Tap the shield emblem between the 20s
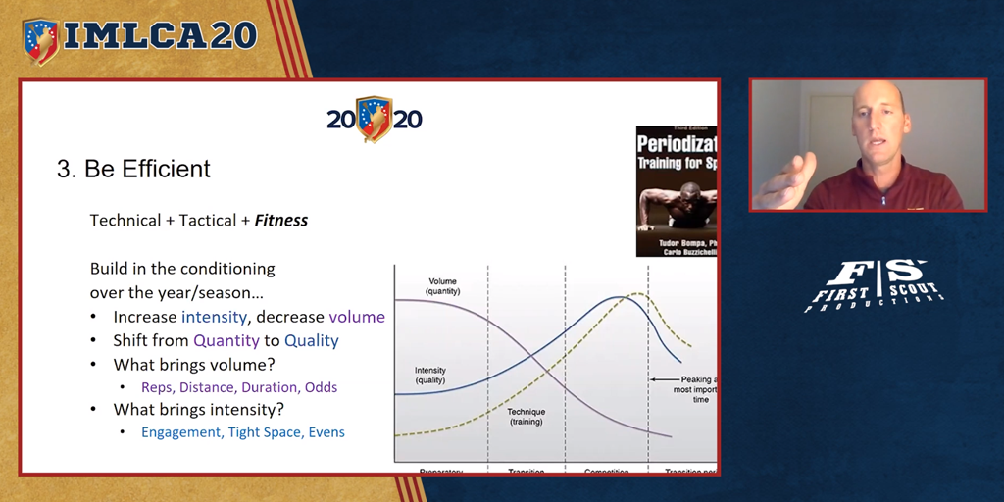coord(375,119)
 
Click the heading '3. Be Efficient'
coord(133,169)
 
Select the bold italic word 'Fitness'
coord(281,221)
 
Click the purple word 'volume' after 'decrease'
coord(357,317)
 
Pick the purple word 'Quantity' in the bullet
coord(226,341)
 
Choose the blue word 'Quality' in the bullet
coord(311,341)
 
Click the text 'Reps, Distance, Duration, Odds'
coord(240,387)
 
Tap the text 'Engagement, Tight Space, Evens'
coord(243,432)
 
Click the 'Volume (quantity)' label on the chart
coord(442,286)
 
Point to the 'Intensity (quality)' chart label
coord(431,375)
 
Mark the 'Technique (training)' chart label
coord(526,418)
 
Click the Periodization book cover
coord(677,191)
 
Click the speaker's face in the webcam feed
coord(875,126)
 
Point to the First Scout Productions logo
coord(873,285)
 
